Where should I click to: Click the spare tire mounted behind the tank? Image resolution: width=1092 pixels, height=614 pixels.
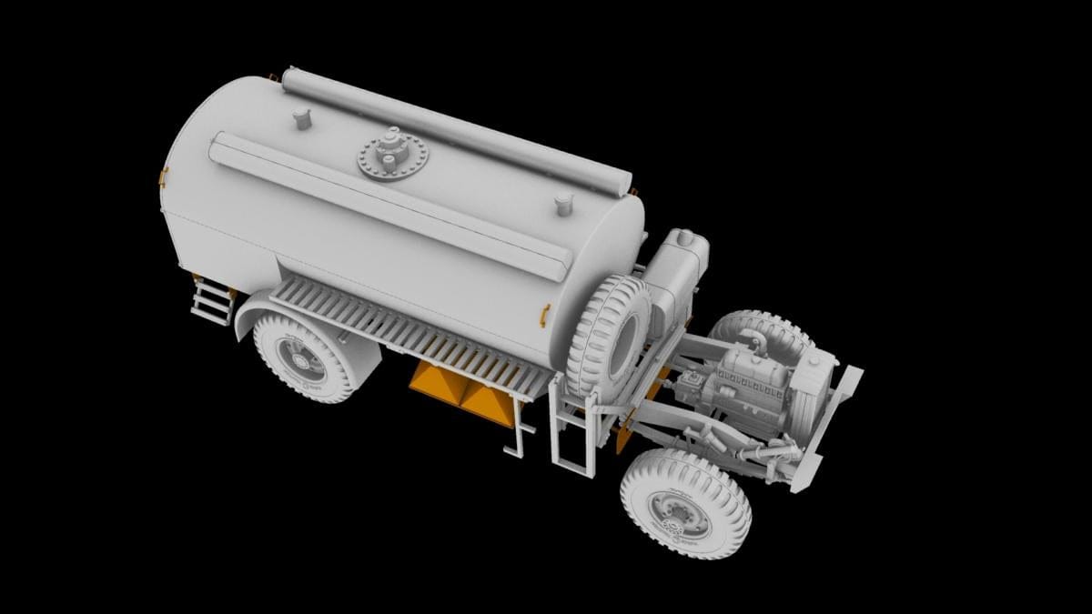608,335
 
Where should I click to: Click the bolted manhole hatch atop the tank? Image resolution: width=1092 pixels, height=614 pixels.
391,156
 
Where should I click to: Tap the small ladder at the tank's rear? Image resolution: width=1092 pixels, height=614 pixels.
211,299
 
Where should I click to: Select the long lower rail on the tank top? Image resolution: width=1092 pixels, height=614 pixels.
391,206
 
